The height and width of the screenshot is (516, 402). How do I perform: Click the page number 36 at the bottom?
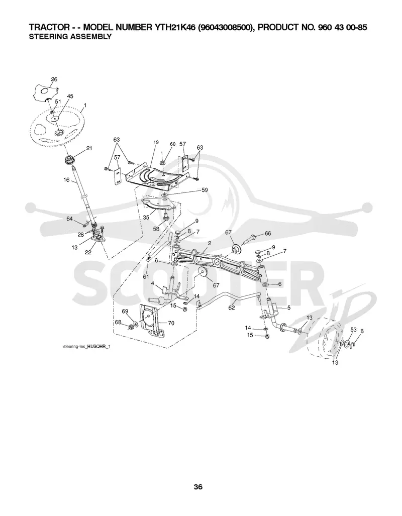tap(198, 487)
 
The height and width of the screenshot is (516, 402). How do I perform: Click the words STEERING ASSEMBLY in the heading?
tap(70, 37)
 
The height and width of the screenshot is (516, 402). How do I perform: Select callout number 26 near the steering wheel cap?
tap(54, 79)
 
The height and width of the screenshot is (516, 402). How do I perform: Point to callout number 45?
tap(70, 96)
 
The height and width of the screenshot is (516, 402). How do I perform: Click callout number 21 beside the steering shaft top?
tap(89, 148)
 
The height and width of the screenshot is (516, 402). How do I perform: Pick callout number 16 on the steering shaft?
tap(66, 180)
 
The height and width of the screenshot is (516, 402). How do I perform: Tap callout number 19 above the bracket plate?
tap(156, 142)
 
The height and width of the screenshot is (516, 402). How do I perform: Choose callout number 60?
tap(173, 144)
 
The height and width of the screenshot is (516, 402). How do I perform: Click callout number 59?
tap(205, 190)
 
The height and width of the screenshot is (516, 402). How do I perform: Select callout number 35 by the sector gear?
tap(146, 217)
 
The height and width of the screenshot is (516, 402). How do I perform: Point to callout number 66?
tap(268, 233)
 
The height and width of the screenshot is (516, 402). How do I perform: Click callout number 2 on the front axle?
tap(210, 243)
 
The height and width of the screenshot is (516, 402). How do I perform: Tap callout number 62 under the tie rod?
tap(232, 307)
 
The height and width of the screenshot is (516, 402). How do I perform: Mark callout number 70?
tap(171, 323)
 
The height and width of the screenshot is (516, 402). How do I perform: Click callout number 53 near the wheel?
tap(353, 330)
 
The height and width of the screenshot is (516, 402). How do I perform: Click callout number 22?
tap(88, 253)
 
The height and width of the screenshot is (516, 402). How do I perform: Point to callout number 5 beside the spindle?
tap(289, 308)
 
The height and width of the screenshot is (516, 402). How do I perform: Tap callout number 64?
tap(69, 219)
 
